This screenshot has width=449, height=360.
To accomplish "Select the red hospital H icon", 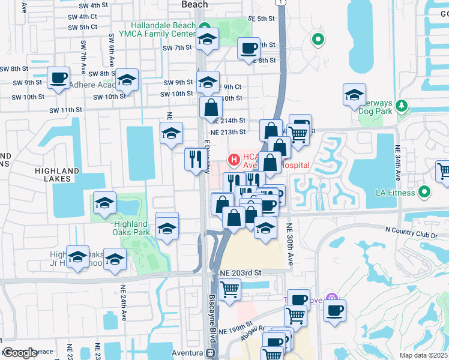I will coord(233,160).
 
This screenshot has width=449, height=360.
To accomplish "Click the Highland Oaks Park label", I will coord(131,228).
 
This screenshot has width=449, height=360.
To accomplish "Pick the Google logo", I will coord(20,353).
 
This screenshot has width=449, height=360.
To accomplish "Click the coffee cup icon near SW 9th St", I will coord(59,78).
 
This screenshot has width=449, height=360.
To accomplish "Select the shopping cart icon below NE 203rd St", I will coord(230,290).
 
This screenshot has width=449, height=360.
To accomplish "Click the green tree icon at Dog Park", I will coord(402,106).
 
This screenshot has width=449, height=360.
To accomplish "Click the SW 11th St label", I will coord(65,110).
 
